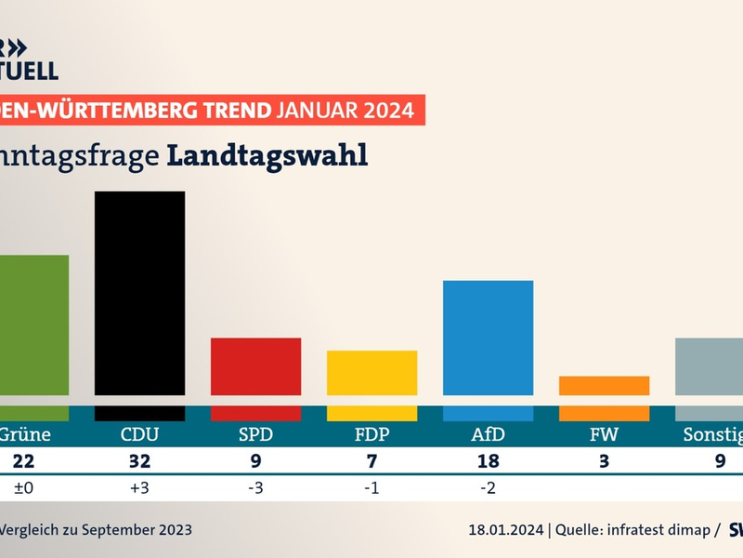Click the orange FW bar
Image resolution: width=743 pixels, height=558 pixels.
point(604,386)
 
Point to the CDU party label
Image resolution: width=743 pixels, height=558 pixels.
point(139,435)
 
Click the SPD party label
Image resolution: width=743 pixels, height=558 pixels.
point(256,435)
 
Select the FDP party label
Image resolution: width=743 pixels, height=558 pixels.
point(371,435)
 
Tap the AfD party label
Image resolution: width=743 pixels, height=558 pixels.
point(488,435)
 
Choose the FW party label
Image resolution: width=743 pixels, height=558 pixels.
point(604,435)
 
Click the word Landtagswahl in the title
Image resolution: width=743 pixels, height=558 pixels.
point(267,155)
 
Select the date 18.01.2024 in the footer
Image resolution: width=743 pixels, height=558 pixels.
point(506,530)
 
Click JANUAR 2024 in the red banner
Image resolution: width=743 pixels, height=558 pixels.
point(345,110)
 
